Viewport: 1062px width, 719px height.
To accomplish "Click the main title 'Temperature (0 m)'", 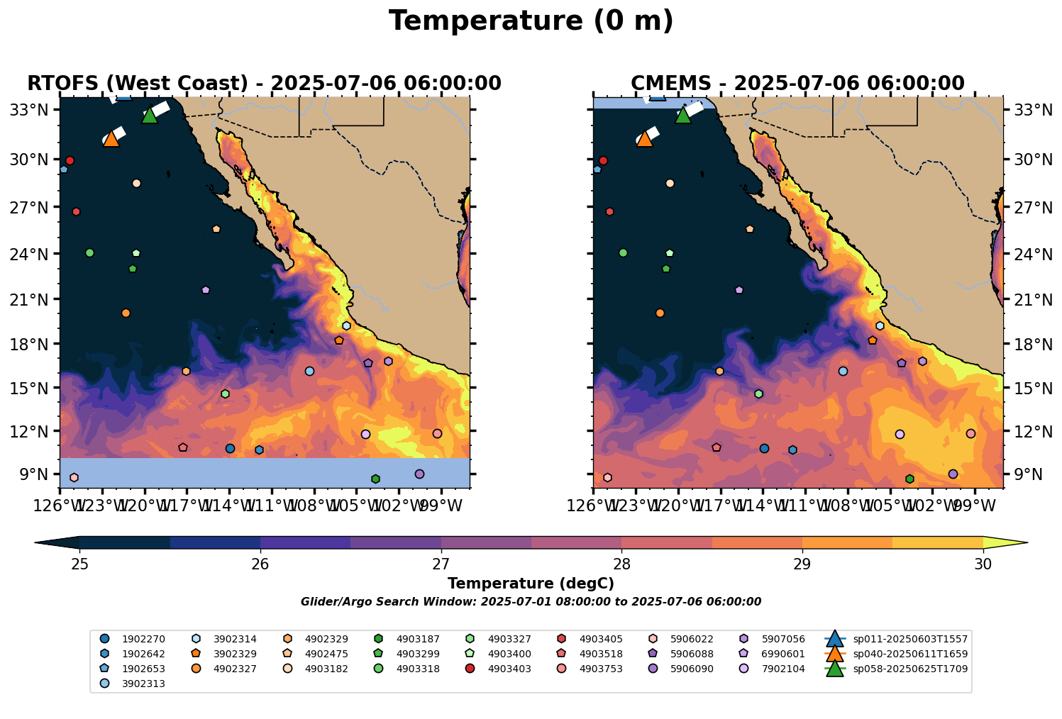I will point(531,21).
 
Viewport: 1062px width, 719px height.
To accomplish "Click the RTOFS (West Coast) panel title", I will point(264,84).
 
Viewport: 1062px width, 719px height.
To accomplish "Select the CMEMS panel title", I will point(797,84).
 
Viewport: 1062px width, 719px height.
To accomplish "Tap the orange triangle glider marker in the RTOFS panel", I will point(111,139).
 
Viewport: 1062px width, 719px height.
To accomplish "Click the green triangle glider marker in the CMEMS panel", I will point(683,116).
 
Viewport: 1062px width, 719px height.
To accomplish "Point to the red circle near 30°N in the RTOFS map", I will point(70,161).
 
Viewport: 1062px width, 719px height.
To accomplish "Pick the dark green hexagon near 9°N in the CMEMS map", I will point(909,479).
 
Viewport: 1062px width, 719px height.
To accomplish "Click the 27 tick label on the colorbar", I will point(441,564).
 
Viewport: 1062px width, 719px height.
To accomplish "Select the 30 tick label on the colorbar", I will point(983,564).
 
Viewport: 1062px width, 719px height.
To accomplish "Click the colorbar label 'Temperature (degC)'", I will point(531,584).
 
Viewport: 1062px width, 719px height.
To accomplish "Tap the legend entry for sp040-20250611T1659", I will point(909,654).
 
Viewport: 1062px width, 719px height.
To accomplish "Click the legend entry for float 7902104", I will point(783,669).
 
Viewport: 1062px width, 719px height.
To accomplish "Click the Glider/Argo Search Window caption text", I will point(531,602).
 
